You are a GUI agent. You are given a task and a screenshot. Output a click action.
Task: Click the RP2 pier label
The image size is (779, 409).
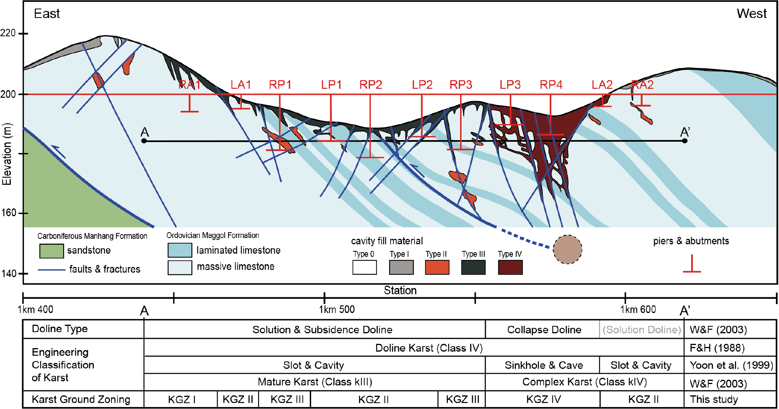(370, 85)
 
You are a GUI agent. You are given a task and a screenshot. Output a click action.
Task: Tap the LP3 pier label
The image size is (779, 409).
(510, 85)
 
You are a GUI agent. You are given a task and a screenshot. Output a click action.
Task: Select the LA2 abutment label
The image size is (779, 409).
(602, 85)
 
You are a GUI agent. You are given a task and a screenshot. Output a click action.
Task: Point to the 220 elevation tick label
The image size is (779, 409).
(8, 33)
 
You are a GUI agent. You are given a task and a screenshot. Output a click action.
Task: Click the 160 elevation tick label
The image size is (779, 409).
(9, 213)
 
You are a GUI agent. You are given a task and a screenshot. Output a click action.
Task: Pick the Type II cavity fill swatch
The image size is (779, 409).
(437, 267)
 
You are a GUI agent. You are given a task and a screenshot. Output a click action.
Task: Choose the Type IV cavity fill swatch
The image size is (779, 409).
(510, 267)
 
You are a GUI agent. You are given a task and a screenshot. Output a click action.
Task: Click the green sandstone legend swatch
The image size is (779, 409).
(51, 251)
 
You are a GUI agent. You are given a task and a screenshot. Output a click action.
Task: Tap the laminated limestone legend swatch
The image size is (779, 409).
(180, 250)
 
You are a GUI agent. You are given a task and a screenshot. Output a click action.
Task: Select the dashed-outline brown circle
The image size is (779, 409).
(567, 249)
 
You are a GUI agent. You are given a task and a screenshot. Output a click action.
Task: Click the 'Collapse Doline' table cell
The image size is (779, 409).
(544, 330)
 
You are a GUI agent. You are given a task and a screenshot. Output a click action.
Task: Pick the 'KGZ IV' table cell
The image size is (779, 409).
(543, 399)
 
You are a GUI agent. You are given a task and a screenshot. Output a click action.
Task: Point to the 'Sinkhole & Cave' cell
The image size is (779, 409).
(544, 365)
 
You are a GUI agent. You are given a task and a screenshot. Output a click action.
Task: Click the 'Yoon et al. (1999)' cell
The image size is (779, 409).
(731, 365)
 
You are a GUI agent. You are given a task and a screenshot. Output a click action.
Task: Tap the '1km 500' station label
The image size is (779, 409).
(337, 309)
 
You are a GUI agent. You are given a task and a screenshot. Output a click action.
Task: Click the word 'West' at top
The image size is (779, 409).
(751, 14)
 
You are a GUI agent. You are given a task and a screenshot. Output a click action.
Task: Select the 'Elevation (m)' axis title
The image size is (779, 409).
(7, 154)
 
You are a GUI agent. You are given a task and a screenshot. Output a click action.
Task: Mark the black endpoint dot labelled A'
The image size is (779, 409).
(685, 141)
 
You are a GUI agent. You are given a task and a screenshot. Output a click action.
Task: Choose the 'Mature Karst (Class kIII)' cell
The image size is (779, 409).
(315, 382)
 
